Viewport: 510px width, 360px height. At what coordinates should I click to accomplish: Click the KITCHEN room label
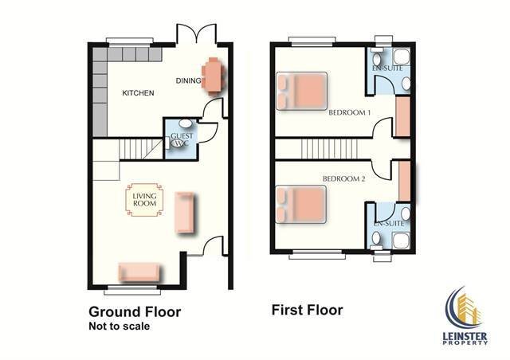(138, 93)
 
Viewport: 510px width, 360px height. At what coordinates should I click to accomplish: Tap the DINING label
(188, 80)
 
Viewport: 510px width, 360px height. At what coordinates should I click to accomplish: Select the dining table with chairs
(214, 76)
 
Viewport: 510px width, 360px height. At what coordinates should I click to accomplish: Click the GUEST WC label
(182, 139)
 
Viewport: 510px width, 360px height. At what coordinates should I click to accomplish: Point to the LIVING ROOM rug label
(144, 200)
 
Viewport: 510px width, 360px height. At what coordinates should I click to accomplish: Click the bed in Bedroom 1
(301, 91)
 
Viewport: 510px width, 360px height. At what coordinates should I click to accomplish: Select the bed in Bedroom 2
(301, 204)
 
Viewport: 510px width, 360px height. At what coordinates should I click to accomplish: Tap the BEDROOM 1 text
(349, 113)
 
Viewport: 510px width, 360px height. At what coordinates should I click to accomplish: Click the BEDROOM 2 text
(343, 179)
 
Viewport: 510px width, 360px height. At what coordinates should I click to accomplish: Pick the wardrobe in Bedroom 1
(402, 116)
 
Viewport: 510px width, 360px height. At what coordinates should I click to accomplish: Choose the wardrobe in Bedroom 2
(405, 181)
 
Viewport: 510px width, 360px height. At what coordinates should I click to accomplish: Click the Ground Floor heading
(135, 312)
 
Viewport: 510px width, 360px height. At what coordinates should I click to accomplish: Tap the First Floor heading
(307, 310)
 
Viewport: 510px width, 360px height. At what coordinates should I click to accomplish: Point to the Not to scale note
(120, 327)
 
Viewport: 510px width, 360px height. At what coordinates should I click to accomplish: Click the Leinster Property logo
(465, 315)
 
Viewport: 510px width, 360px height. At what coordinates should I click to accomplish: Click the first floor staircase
(329, 149)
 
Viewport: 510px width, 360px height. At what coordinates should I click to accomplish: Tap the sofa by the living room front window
(139, 272)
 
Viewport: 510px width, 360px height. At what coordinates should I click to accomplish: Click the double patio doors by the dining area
(197, 33)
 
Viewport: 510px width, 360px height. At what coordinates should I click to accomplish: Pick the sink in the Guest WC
(186, 123)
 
